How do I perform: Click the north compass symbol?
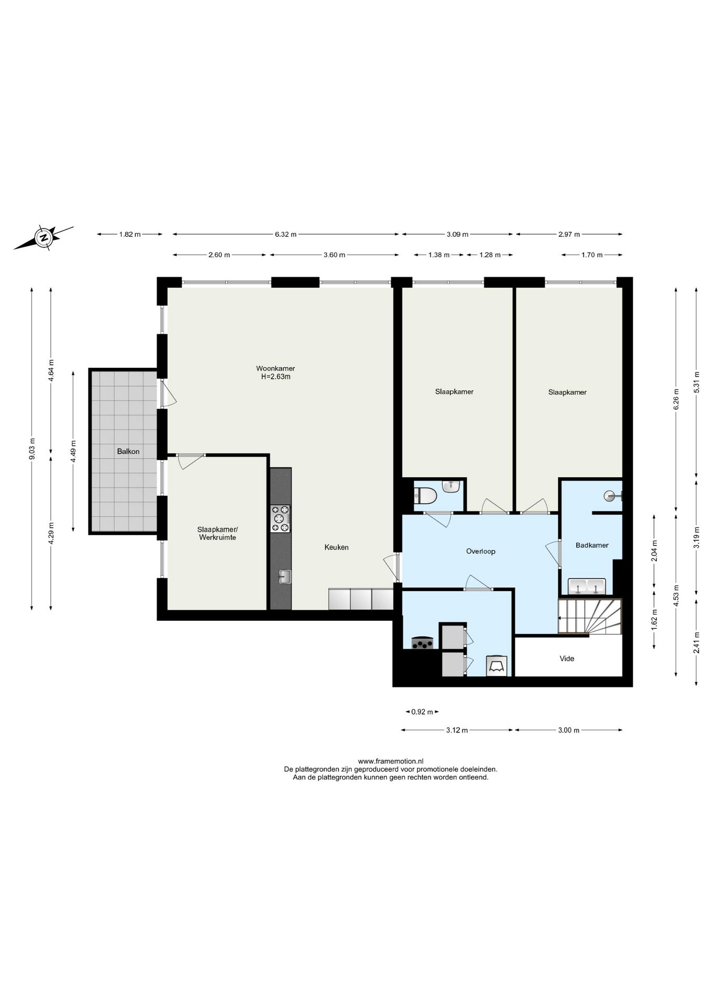(43, 237)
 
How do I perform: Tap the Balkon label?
(128, 451)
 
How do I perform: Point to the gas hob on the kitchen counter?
(280, 519)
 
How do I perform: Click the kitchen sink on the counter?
(285, 576)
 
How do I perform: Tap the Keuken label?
(336, 548)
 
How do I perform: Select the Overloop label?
(480, 551)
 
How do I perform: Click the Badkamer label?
(592, 545)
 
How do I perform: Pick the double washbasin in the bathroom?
(587, 586)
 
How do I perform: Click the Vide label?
(567, 659)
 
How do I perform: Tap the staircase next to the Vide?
(590, 617)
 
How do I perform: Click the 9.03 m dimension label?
(32, 449)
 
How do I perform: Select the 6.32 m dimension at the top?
(286, 235)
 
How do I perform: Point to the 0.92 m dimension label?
(422, 712)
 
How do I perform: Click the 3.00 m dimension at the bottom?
(568, 730)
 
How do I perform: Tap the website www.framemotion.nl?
(390, 761)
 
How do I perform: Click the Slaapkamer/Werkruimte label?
(217, 533)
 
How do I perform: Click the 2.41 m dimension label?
(696, 643)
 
